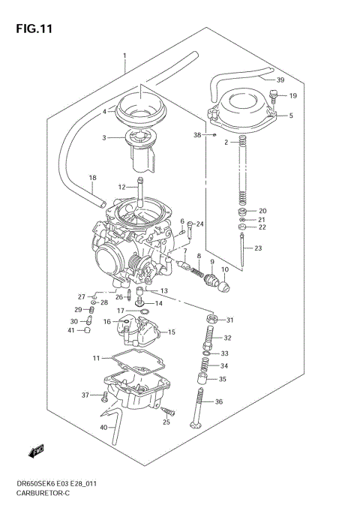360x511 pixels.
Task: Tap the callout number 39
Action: [x=280, y=80]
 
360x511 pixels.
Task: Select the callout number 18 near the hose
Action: [x=93, y=178]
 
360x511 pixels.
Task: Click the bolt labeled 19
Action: [x=274, y=96]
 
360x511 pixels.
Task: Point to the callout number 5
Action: [x=291, y=116]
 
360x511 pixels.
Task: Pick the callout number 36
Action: [x=219, y=402]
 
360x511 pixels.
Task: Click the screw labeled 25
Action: [x=169, y=411]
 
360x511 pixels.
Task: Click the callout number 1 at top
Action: [x=125, y=56]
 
